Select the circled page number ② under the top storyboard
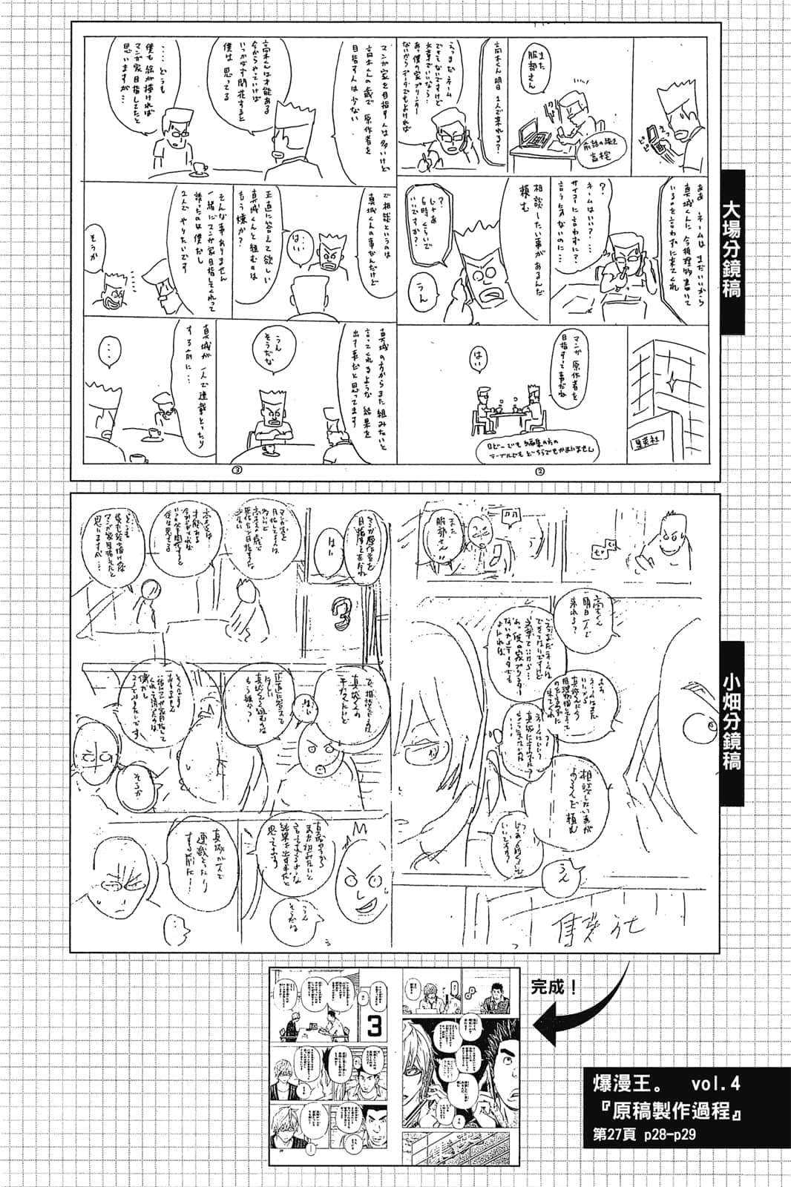point(539,470)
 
